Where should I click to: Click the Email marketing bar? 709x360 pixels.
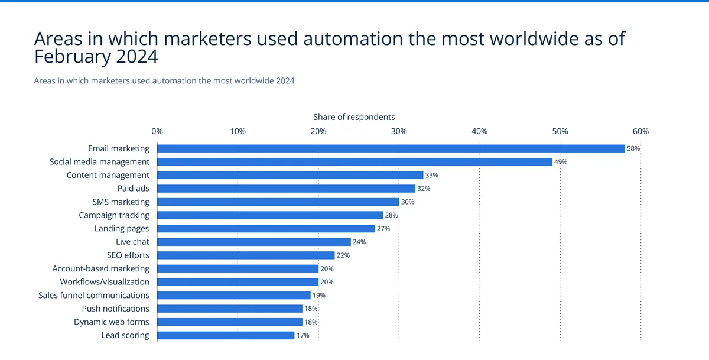coord(391,148)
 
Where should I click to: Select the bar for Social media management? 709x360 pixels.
coord(354,162)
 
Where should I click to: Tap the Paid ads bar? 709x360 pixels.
coord(286,189)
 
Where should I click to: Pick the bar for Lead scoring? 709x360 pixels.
coord(226,335)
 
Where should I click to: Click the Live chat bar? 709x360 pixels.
coord(254,242)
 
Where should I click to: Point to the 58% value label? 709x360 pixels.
coord(633,148)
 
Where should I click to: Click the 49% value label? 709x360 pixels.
coord(561,162)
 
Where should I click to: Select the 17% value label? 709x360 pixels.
coord(303,335)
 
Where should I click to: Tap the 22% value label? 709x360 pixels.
coord(343,255)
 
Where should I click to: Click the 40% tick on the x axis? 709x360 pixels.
coord(479,131)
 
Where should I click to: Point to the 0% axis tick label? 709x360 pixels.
coord(157,131)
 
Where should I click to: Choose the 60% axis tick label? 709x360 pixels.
coord(640,131)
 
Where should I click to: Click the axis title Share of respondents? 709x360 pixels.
coord(354,117)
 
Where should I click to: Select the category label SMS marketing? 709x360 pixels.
coord(121,202)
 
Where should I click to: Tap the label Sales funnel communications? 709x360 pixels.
coord(94,295)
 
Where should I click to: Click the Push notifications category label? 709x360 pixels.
coord(115,309)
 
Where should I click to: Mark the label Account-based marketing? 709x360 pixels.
coord(101,268)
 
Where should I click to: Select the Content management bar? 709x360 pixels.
coord(290,175)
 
